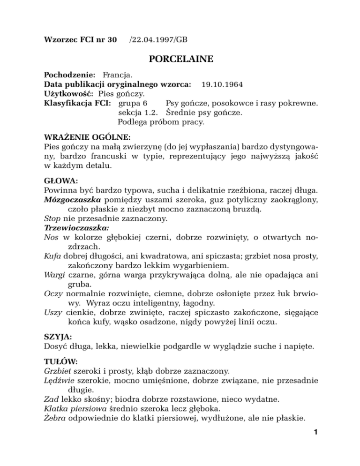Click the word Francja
118,75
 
